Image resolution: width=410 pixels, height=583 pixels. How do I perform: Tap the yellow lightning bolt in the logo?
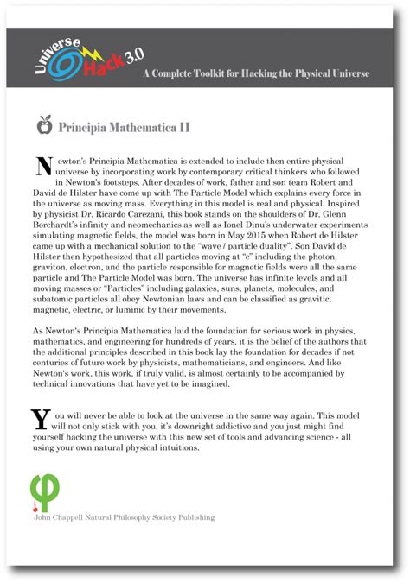[x=90, y=55]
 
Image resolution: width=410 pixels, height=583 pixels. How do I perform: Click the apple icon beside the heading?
[x=43, y=127]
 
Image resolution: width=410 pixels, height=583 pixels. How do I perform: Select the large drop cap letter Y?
[x=41, y=419]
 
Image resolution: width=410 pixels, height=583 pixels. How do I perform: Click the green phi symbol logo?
[x=42, y=492]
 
